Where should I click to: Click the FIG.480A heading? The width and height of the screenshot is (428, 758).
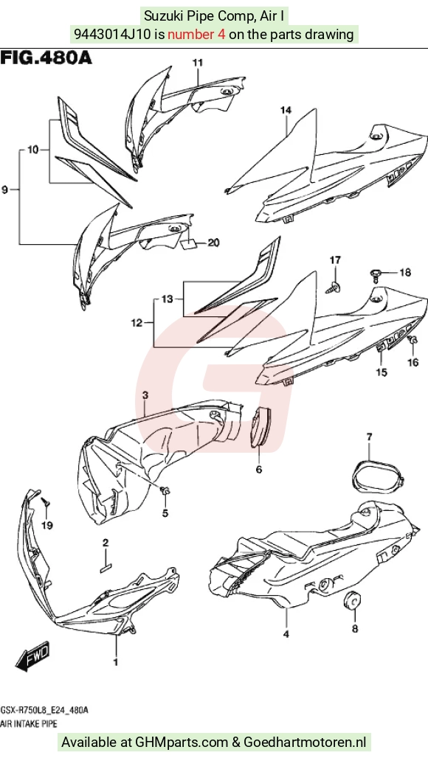point(46,58)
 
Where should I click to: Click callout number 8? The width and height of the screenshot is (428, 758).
point(354,630)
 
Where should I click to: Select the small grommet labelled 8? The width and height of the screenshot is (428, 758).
point(353,599)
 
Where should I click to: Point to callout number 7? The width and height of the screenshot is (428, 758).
point(370,437)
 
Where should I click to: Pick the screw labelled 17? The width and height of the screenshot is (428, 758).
point(336,286)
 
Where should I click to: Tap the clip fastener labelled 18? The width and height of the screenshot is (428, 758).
point(376,274)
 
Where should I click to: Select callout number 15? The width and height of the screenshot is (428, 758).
point(382,372)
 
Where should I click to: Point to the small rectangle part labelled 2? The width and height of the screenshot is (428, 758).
point(106,568)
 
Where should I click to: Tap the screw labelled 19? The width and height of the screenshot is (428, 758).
point(46,503)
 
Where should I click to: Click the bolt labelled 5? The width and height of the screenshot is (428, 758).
point(165,491)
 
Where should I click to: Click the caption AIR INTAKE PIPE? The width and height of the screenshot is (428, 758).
point(29,723)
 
